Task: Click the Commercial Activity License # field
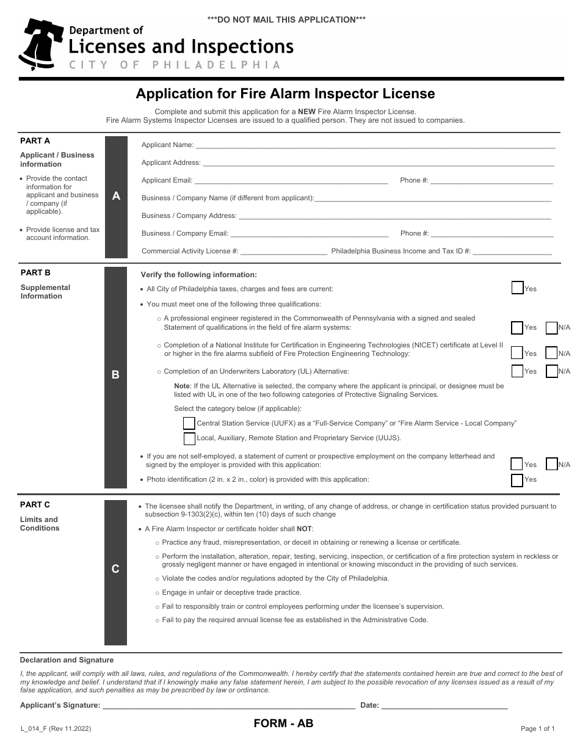[x=284, y=253]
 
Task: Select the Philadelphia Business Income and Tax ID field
[x=512, y=253]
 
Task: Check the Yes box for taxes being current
[x=517, y=288]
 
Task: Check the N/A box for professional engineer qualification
[x=551, y=327]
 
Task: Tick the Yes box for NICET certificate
[x=517, y=353]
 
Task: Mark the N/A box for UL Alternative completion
[x=551, y=371]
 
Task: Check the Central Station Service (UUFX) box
[x=189, y=423]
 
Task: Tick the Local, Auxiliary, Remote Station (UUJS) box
[x=189, y=438]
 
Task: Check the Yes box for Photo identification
[x=517, y=480]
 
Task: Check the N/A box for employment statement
[x=551, y=464]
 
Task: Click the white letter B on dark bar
[x=115, y=375]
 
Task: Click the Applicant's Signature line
[x=229, y=707]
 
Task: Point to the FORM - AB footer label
[x=283, y=724]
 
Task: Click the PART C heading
[x=35, y=504]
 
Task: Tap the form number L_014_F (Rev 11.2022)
[x=56, y=728]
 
